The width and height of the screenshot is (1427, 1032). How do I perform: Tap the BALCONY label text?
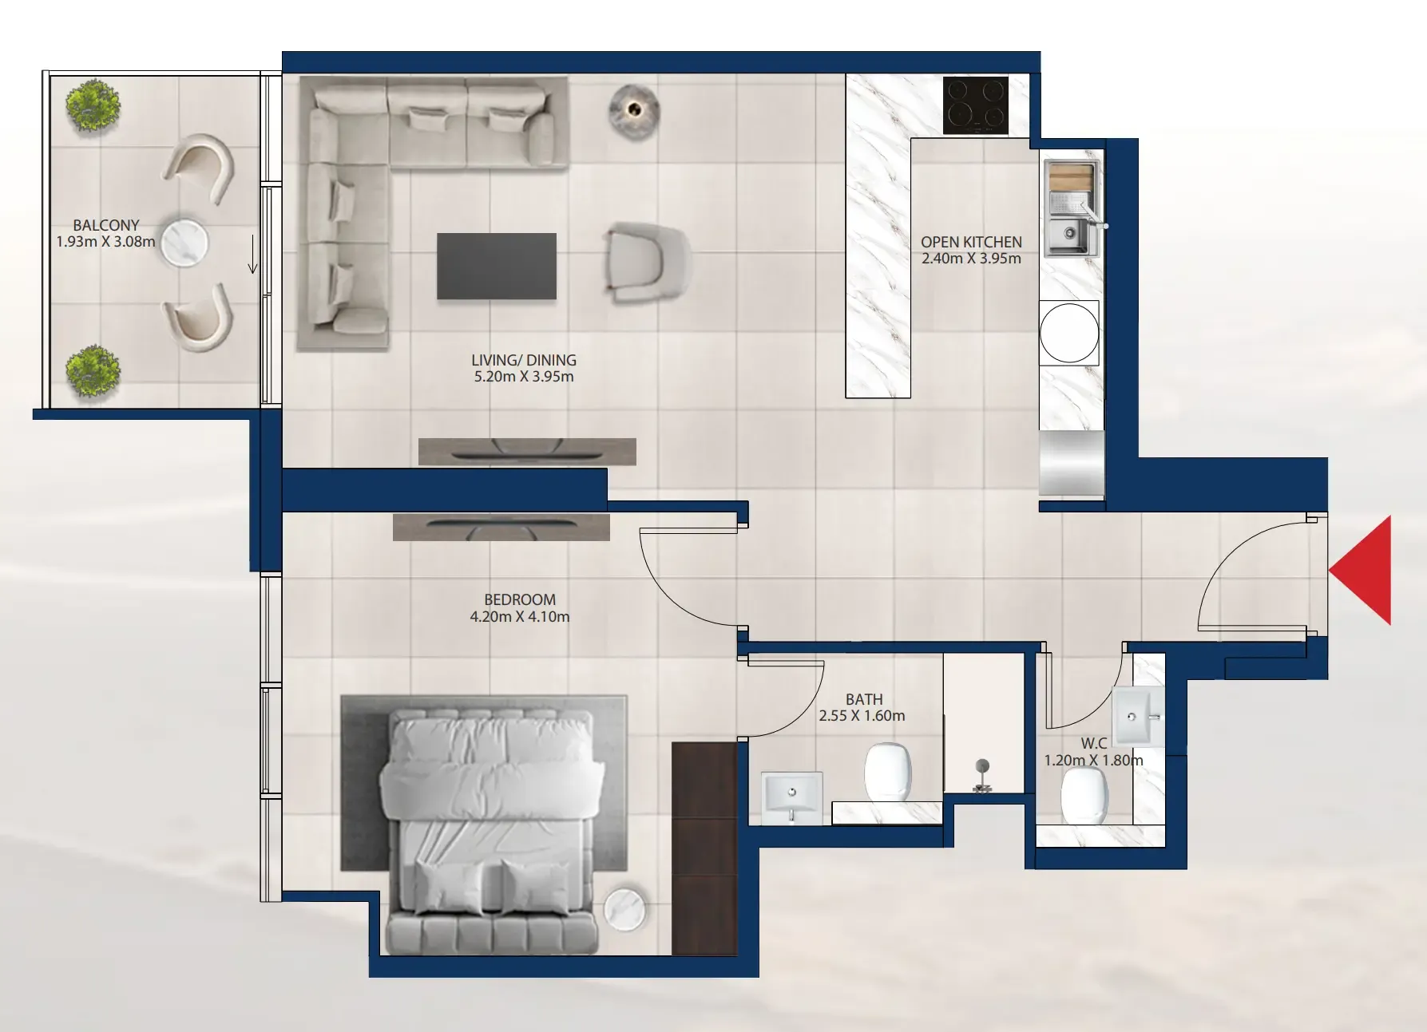(x=106, y=225)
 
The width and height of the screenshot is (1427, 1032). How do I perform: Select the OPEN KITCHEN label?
(x=971, y=242)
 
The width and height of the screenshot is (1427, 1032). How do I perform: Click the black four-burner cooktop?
(x=975, y=105)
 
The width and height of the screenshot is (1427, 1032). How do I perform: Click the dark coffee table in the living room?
(x=497, y=266)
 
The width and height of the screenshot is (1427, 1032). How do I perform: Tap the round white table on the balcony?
(x=184, y=243)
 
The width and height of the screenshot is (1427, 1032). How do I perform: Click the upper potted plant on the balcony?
(x=93, y=105)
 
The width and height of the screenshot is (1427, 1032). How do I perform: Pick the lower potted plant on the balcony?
(x=93, y=370)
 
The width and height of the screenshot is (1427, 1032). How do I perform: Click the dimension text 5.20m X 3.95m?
(x=524, y=377)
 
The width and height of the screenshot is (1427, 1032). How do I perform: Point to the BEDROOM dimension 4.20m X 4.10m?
(x=520, y=616)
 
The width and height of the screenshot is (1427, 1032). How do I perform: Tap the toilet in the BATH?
(x=888, y=772)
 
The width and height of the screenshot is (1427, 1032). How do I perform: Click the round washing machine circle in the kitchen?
(x=1069, y=333)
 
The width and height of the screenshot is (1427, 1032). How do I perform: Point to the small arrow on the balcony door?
(x=253, y=254)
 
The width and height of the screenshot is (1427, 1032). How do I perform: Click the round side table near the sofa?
(x=634, y=109)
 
